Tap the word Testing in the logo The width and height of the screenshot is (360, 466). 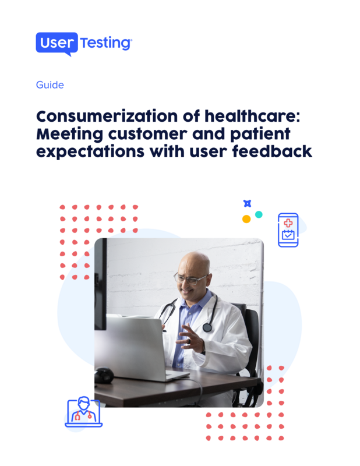pyautogui.click(x=106, y=43)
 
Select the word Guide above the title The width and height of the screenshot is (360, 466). pyautogui.click(x=50, y=85)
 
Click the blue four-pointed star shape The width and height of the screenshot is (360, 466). pyautogui.click(x=247, y=203)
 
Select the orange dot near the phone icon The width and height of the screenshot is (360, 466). pyautogui.click(x=246, y=219)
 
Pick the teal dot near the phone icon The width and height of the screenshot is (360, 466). pyautogui.click(x=259, y=214)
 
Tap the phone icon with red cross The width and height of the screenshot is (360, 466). pyautogui.click(x=288, y=230)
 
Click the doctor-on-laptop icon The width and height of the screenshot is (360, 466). pyautogui.click(x=83, y=412)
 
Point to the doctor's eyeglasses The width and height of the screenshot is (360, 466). pyautogui.click(x=190, y=278)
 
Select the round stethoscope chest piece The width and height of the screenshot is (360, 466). pyautogui.click(x=207, y=327)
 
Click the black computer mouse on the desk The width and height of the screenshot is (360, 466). pyautogui.click(x=104, y=376)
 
